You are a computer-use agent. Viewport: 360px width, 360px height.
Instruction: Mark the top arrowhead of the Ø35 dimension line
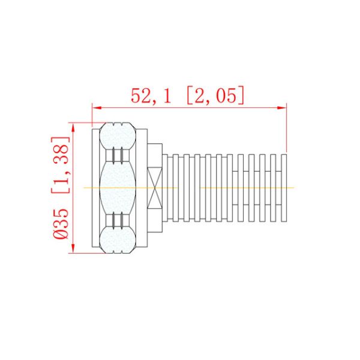73,126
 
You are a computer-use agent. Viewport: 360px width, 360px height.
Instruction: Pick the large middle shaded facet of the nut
118,187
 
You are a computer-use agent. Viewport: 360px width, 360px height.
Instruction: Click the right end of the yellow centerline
295,187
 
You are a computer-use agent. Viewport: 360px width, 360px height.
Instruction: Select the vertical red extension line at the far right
287,129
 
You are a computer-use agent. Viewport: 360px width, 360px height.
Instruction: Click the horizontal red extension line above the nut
84,122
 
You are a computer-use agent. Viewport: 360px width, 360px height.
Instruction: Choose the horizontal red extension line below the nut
84,253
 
